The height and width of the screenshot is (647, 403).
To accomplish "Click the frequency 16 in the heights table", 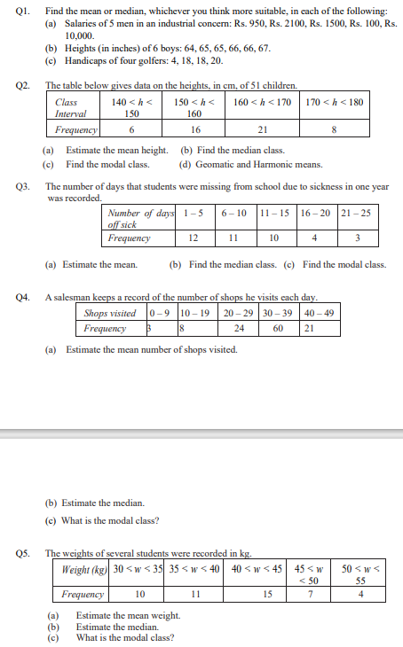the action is [x=183, y=129].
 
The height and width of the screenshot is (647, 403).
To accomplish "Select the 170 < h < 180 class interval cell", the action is [x=334, y=103].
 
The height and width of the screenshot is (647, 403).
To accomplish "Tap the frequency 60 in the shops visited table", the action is [x=278, y=328].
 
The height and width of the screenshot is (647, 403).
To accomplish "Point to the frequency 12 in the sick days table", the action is [x=193, y=238].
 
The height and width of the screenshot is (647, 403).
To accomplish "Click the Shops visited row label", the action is [x=110, y=314].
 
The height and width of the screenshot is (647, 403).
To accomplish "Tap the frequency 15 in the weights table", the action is [x=267, y=594].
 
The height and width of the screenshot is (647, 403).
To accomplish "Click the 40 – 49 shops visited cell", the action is [x=320, y=314].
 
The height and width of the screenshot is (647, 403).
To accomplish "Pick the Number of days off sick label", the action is [x=138, y=219].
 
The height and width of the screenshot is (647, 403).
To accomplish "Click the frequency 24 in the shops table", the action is [x=239, y=328].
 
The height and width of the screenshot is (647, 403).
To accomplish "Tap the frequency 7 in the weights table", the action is [x=309, y=594].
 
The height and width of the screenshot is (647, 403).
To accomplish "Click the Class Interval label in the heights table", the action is [x=70, y=108].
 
